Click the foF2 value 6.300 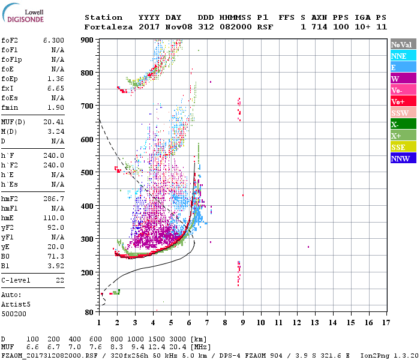click(x=53, y=40)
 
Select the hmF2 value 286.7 click(x=53, y=199)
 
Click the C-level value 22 click(x=60, y=280)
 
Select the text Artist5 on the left click(x=16, y=304)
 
